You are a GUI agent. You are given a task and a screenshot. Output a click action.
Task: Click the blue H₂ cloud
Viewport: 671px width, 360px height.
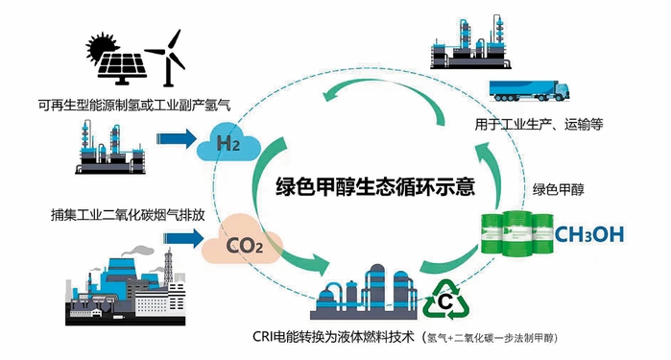pos(228,145)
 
